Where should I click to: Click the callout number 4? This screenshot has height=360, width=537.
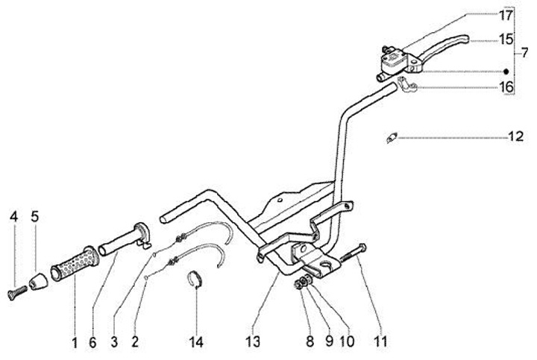coord(13,217)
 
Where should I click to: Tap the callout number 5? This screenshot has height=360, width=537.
coord(34,217)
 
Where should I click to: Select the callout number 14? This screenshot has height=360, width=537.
coord(196,343)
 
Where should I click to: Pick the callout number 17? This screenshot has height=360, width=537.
coord(506,15)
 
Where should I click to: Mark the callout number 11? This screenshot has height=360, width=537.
coord(381,343)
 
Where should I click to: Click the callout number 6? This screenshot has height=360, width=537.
coord(92,343)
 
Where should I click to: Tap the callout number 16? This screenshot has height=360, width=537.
coord(506,87)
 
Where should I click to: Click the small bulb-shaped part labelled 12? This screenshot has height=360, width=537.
coord(392,137)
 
